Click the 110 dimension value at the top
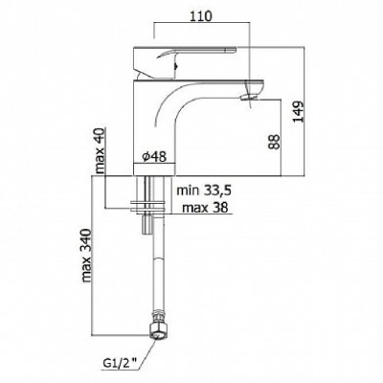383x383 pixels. (202, 16)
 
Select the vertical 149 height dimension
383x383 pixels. (299, 112)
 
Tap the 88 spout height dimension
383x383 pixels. (275, 142)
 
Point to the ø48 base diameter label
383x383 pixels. (154, 156)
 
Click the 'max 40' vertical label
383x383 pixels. (101, 150)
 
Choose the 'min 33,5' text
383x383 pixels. (204, 191)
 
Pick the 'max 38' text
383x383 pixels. (205, 208)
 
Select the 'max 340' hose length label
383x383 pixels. (87, 256)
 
